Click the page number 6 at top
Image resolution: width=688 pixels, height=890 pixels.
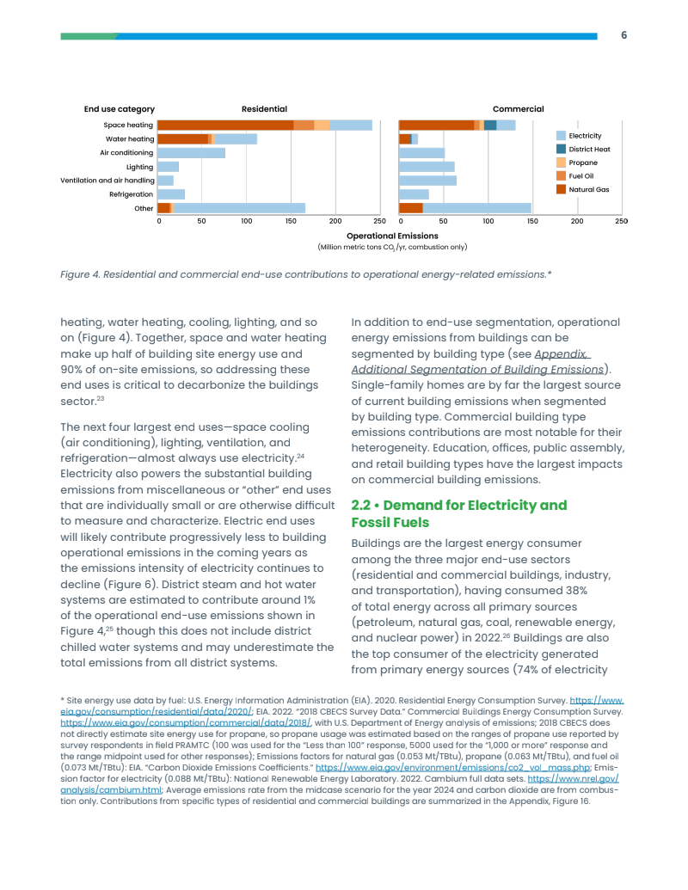[624, 35]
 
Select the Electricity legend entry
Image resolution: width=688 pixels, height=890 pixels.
[585, 136]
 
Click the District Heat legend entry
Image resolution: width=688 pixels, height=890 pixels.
[589, 150]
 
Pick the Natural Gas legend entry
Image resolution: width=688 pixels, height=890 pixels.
[588, 189]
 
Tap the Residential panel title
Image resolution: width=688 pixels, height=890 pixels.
[264, 109]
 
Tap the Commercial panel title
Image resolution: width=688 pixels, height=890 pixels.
[518, 109]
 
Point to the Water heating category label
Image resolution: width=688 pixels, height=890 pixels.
[130, 138]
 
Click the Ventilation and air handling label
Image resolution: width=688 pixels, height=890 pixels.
[107, 181]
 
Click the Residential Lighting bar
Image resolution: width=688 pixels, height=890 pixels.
[169, 167]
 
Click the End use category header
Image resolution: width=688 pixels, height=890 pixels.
[120, 109]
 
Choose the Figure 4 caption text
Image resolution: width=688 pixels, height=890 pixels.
[306, 274]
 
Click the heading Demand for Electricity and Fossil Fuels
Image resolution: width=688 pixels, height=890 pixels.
[459, 513]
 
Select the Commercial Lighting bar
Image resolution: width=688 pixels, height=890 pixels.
[427, 167]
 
